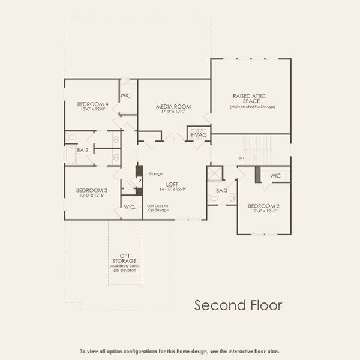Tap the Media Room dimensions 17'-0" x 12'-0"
point(173,112)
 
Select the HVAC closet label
point(199,134)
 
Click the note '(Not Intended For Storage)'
point(250,106)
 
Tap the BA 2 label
point(83,150)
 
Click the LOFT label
point(173,184)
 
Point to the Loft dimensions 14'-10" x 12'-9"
point(173,190)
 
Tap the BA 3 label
point(221,190)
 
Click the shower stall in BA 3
point(214,173)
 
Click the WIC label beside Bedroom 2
point(275,176)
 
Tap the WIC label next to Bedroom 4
point(126,95)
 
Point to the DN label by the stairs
point(241,158)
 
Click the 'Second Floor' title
point(238,305)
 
